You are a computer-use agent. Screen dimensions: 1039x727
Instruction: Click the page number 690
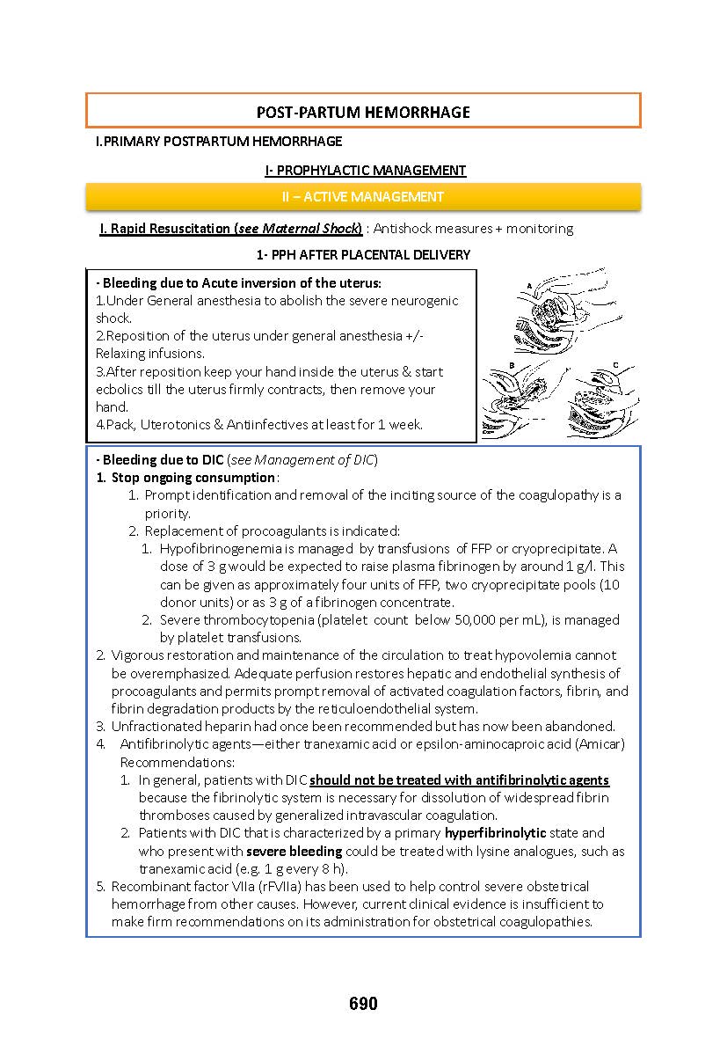[363, 1004]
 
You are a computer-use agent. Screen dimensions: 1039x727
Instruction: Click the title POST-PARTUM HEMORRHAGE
[363, 112]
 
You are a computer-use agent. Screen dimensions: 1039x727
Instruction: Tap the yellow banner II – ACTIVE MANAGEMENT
[363, 197]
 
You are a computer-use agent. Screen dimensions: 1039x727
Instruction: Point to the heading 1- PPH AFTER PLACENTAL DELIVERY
[363, 254]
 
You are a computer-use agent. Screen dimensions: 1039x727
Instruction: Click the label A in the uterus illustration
[529, 285]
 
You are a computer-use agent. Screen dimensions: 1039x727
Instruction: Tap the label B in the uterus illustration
[512, 363]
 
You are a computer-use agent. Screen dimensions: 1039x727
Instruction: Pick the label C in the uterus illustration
[615, 364]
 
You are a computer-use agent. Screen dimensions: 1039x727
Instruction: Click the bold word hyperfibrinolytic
[495, 832]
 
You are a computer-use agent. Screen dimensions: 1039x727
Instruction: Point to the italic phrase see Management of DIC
[303, 460]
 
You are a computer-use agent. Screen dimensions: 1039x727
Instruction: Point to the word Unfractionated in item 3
[153, 727]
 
